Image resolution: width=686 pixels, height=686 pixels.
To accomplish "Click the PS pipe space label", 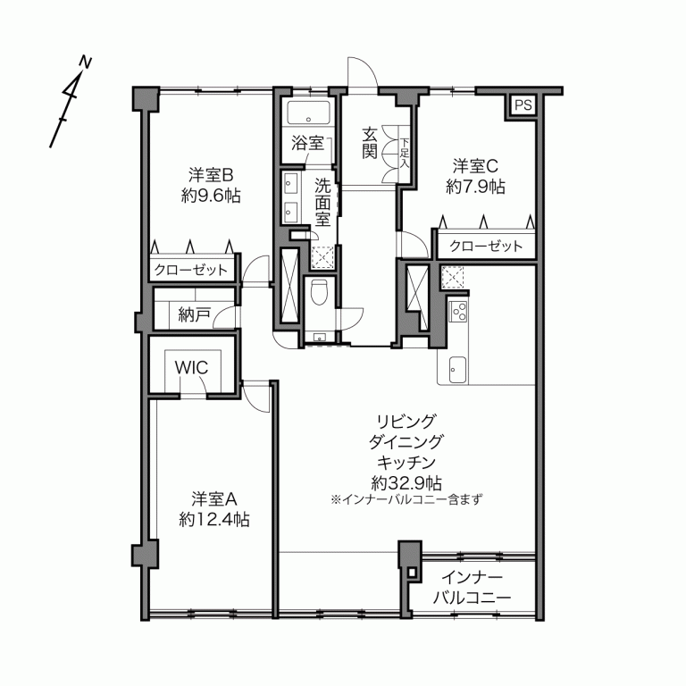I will tap(523, 105).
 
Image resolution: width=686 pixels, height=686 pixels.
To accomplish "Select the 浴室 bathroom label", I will tap(307, 142).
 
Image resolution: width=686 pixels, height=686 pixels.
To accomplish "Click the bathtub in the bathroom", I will tap(309, 113).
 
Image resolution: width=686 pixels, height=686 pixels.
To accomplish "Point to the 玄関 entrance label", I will tap(370, 144).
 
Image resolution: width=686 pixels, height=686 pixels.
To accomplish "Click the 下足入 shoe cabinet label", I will tap(404, 154).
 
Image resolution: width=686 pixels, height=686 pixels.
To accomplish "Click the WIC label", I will tap(191, 366).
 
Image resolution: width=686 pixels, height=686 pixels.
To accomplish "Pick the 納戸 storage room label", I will tap(194, 314).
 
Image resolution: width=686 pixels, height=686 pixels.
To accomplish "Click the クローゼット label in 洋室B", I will tap(190, 270).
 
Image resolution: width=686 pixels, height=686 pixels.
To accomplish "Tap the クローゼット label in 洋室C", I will tap(486, 246).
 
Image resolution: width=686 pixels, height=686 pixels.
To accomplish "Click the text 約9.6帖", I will tap(212, 196).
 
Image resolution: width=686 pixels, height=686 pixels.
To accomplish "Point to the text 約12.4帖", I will tap(213, 518).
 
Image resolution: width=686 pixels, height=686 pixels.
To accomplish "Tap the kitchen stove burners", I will tap(459, 312).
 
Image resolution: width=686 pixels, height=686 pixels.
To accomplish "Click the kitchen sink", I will tap(456, 368).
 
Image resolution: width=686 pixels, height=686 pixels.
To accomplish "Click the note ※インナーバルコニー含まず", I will tap(406, 499).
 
